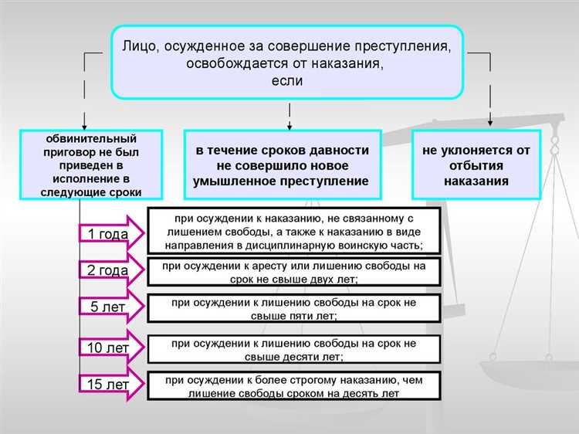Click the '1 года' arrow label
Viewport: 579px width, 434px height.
(x=108, y=233)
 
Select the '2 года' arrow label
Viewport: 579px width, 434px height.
(x=108, y=270)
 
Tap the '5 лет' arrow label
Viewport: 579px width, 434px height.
(x=107, y=307)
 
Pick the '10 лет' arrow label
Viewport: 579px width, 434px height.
(x=107, y=348)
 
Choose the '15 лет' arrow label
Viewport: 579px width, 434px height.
(x=107, y=384)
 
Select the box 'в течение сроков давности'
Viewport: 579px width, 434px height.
(x=288, y=166)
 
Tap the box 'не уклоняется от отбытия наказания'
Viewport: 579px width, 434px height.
(x=475, y=166)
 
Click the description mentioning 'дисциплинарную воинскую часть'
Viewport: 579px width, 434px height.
(x=293, y=229)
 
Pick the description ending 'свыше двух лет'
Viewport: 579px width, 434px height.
(x=293, y=272)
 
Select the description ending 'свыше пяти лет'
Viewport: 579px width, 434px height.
(x=293, y=307)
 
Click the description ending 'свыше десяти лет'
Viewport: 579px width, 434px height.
(x=293, y=350)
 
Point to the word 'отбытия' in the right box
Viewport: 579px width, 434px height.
(x=476, y=166)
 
